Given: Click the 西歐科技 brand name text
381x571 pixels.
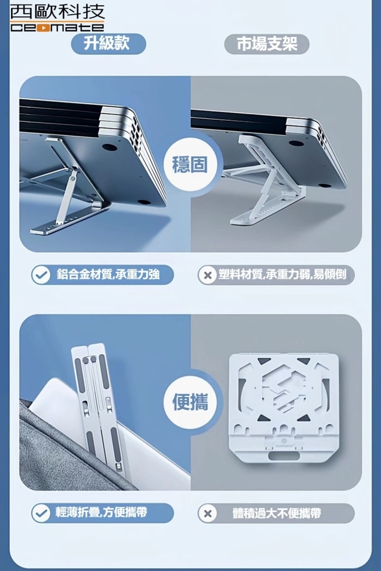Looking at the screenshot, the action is click(x=57, y=12).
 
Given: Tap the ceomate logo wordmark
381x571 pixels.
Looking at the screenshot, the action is click(x=57, y=27).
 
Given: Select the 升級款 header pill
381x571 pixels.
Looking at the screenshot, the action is click(x=108, y=44).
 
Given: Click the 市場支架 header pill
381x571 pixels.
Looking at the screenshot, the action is click(x=267, y=44).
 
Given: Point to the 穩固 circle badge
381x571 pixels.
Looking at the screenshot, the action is click(x=189, y=165).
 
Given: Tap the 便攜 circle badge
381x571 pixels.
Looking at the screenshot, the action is click(x=189, y=402).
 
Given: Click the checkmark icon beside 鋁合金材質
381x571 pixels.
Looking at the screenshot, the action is click(x=41, y=275).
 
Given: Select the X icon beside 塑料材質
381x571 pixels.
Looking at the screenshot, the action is click(x=208, y=275).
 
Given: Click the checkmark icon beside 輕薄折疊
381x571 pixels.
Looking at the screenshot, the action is click(x=41, y=513).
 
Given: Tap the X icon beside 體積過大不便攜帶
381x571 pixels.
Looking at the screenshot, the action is click(x=208, y=514).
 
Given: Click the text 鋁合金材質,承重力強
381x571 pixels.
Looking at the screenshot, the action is click(x=108, y=274).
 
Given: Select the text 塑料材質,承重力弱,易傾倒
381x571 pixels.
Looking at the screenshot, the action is click(x=282, y=274).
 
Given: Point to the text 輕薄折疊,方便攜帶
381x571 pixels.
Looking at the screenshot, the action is click(x=101, y=512).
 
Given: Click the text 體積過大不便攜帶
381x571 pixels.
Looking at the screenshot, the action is click(x=277, y=513).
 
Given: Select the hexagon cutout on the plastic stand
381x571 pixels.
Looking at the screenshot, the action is click(x=283, y=390).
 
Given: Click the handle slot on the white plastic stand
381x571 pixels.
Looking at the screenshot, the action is click(x=284, y=456).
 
